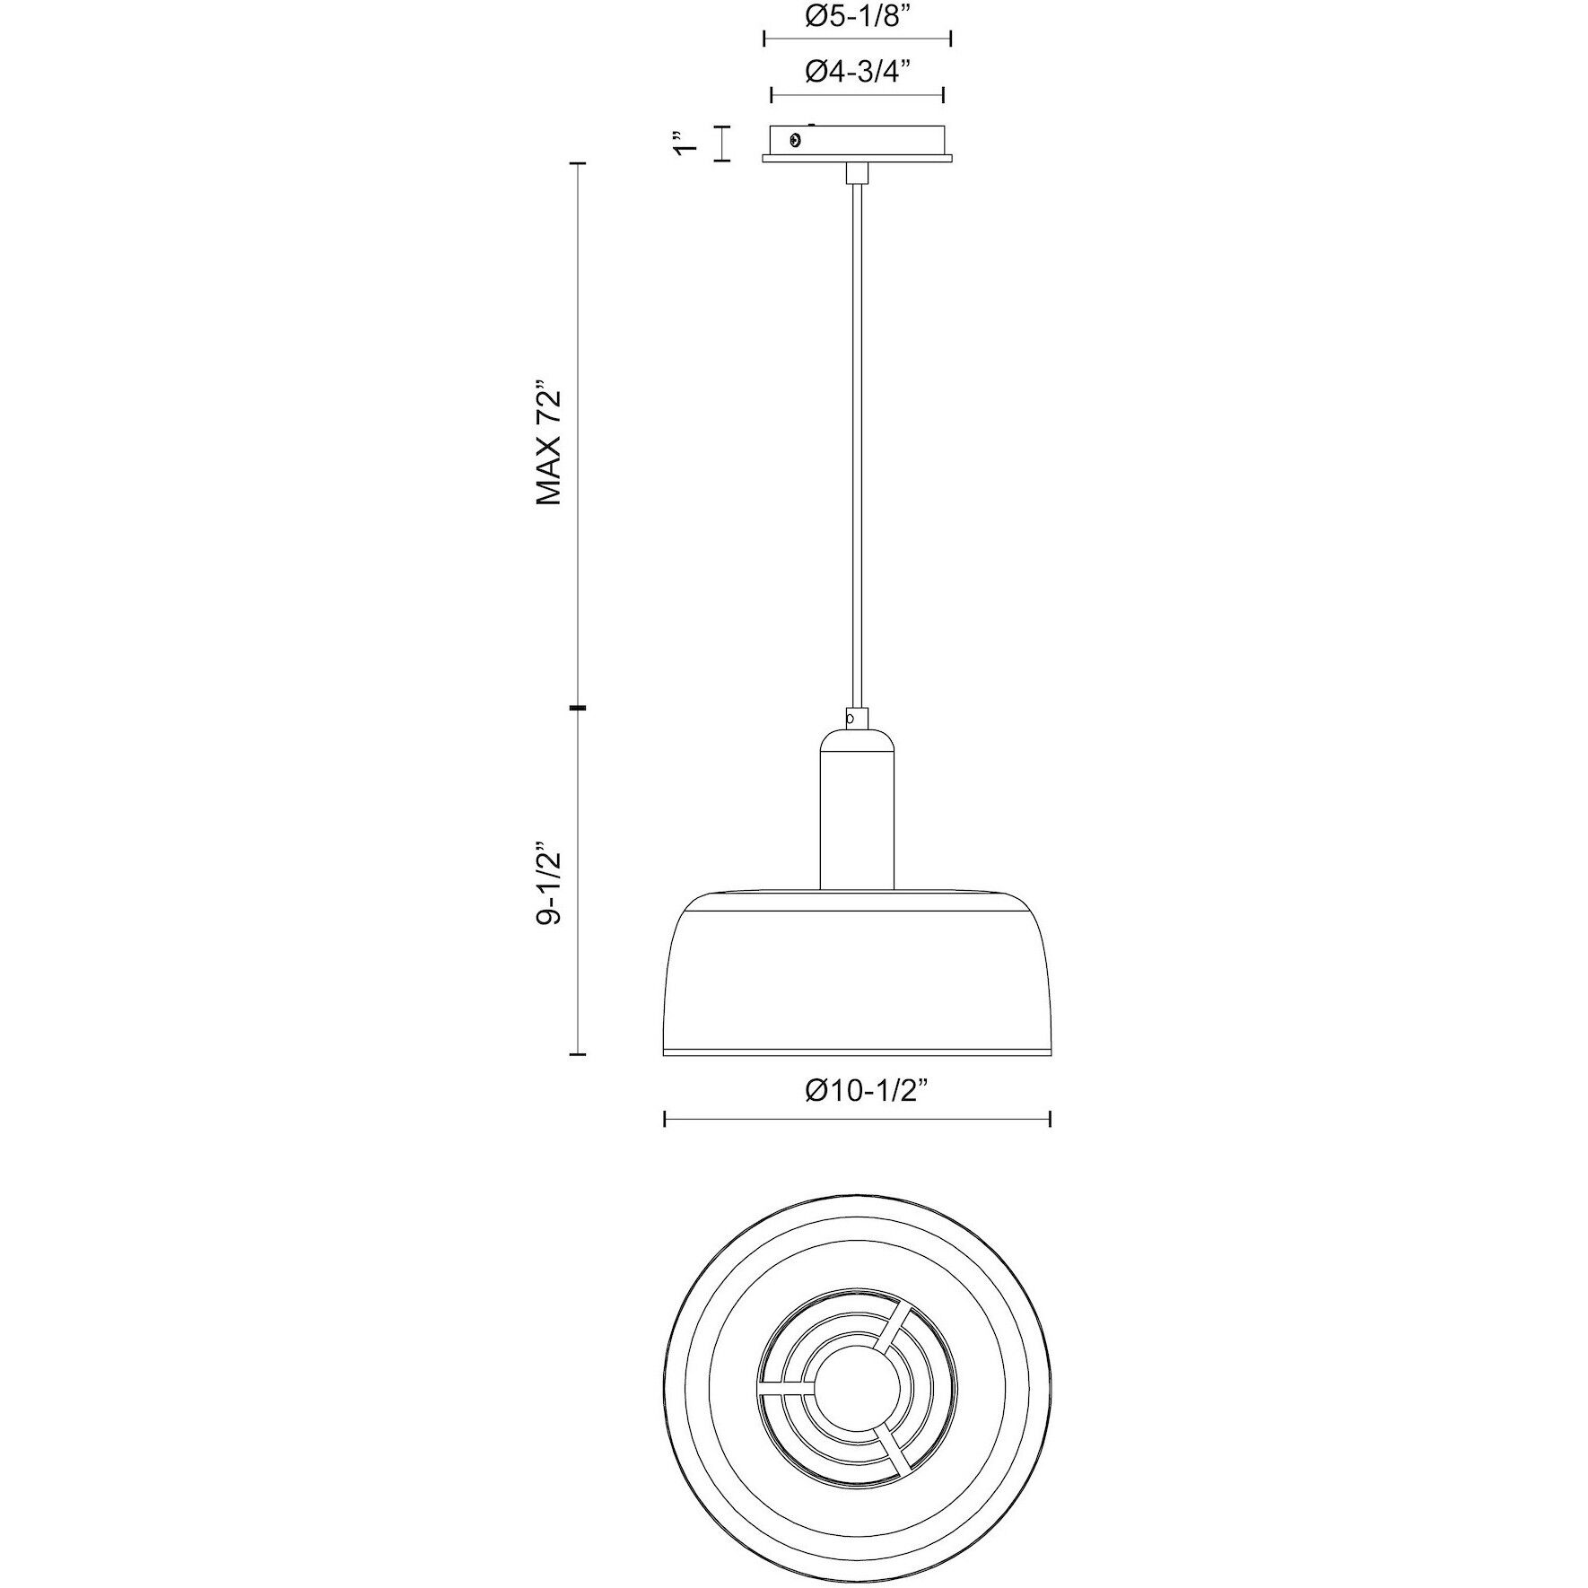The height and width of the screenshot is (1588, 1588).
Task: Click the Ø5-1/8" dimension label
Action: click(857, 17)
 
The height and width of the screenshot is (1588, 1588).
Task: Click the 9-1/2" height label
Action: click(549, 884)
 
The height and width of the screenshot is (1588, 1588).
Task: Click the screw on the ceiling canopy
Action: click(794, 139)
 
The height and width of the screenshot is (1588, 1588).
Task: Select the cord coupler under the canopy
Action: click(857, 172)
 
